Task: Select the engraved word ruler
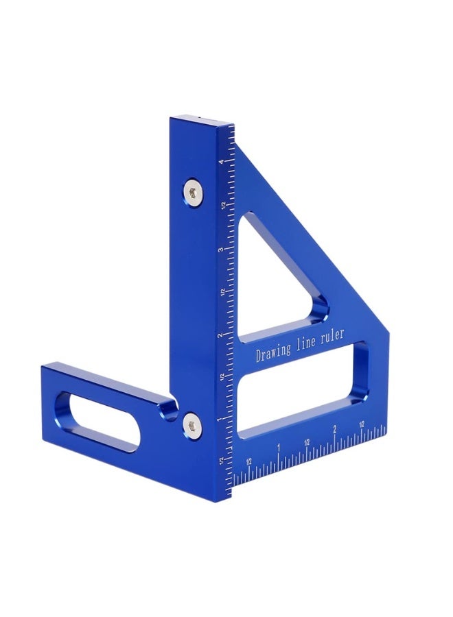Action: [332, 337]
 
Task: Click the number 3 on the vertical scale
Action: [221, 250]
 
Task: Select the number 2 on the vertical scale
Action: [221, 335]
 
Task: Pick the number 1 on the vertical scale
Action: [221, 419]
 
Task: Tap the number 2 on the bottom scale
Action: [334, 429]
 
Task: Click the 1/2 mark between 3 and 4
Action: [221, 205]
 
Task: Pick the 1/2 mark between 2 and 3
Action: [221, 293]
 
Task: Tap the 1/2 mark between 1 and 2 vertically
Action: [221, 377]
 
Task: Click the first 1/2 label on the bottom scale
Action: [248, 460]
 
